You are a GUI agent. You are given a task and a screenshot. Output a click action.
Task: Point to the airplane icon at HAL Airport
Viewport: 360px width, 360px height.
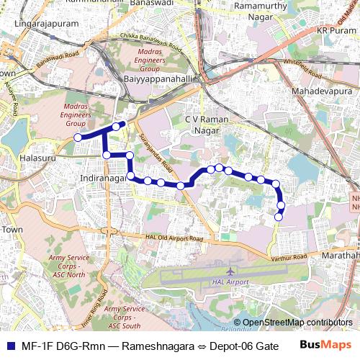(230, 271)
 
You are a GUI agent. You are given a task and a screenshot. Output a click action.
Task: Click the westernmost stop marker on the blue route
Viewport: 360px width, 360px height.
(78, 138)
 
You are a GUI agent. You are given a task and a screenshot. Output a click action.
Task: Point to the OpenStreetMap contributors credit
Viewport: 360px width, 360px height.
(297, 323)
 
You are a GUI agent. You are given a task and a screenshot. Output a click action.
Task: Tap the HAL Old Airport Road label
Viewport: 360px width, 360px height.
(179, 237)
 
